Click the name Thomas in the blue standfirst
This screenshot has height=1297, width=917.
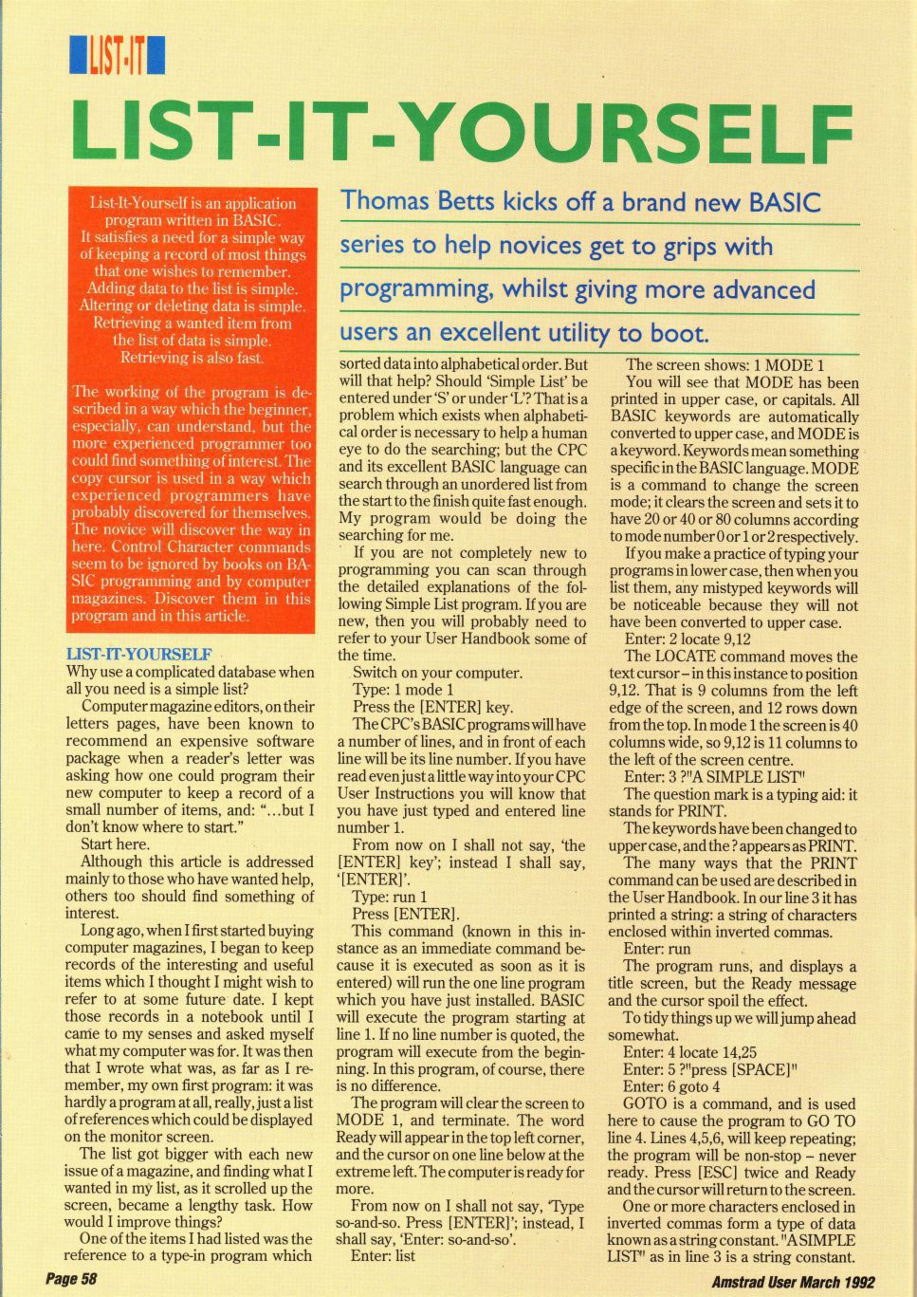coord(383,201)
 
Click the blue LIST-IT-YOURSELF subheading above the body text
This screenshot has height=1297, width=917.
coord(138,655)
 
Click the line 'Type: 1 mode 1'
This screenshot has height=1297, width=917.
coord(402,690)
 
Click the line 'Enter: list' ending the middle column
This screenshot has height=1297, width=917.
coord(382,1255)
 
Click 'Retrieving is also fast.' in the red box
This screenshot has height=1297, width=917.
coord(193,358)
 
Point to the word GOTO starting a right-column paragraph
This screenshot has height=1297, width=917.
coord(646,1103)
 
